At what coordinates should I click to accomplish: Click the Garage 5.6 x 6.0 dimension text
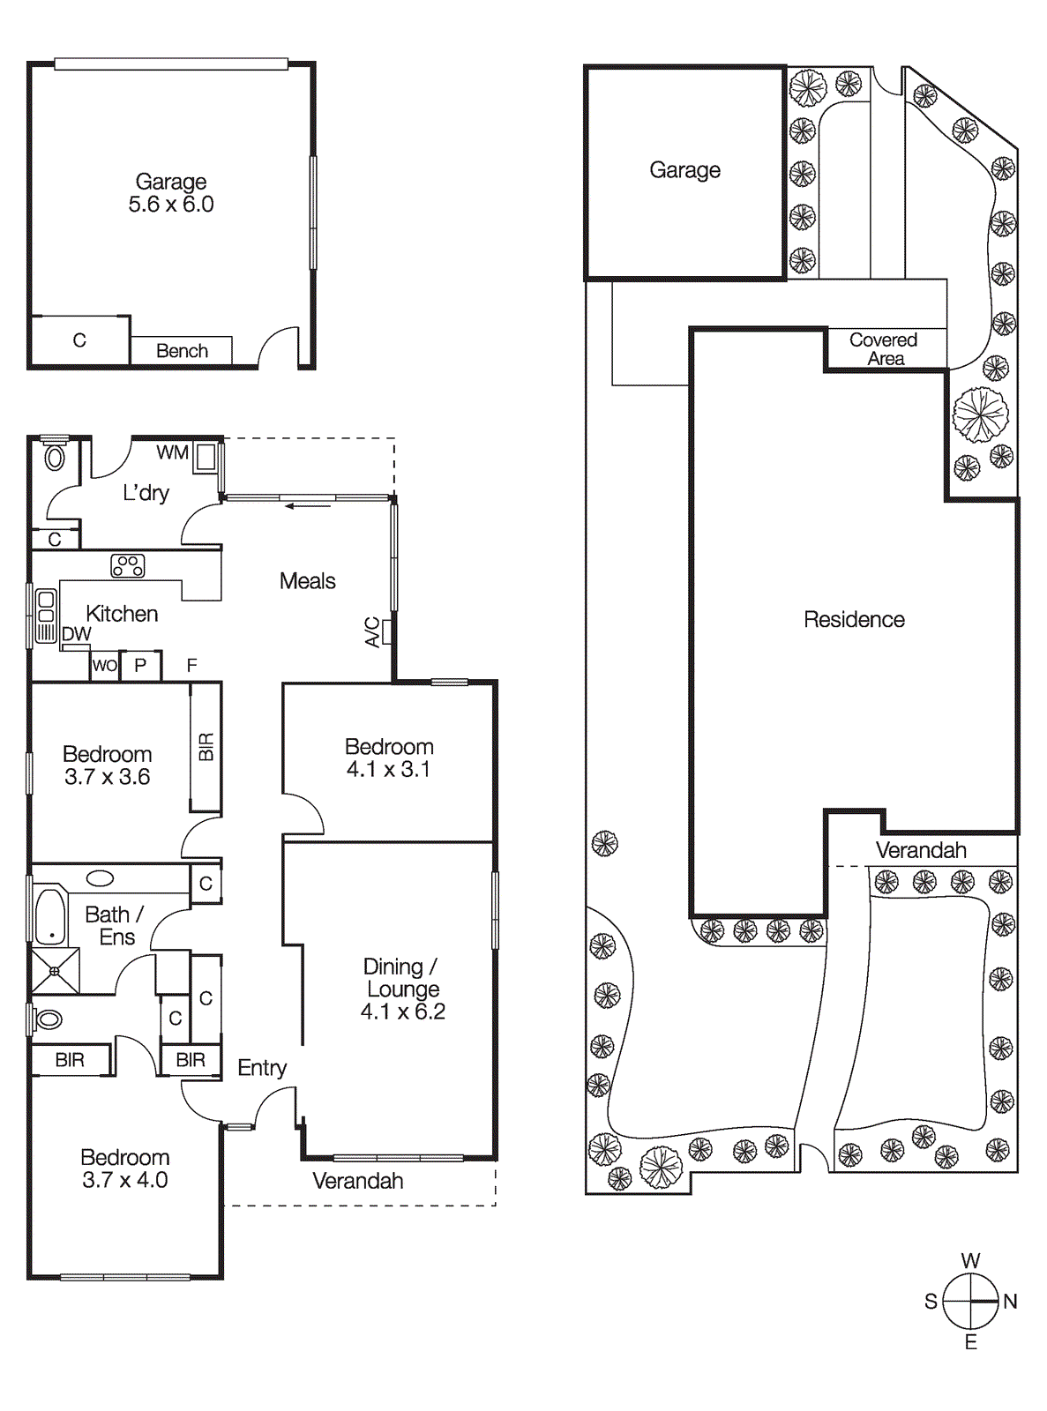171,205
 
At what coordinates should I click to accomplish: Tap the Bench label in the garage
182,351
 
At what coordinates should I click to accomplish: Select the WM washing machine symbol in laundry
206,457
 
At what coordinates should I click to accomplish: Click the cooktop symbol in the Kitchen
128,565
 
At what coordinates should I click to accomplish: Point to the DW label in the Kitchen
77,634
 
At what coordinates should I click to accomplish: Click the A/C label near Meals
372,632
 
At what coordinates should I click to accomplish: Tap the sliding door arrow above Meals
307,506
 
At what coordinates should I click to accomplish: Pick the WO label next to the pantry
104,666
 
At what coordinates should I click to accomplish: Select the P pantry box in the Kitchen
140,666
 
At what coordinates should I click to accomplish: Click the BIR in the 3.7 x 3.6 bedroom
206,747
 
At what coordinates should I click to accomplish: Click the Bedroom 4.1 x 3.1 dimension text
388,770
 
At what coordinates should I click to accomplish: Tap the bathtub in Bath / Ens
51,917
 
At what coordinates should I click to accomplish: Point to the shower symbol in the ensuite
55,971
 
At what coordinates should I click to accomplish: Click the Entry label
262,1068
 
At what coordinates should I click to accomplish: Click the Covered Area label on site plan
884,349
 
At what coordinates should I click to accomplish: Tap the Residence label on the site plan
854,620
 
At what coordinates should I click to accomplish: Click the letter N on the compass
1011,1302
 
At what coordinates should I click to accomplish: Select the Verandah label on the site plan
921,850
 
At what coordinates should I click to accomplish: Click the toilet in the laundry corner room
55,458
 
